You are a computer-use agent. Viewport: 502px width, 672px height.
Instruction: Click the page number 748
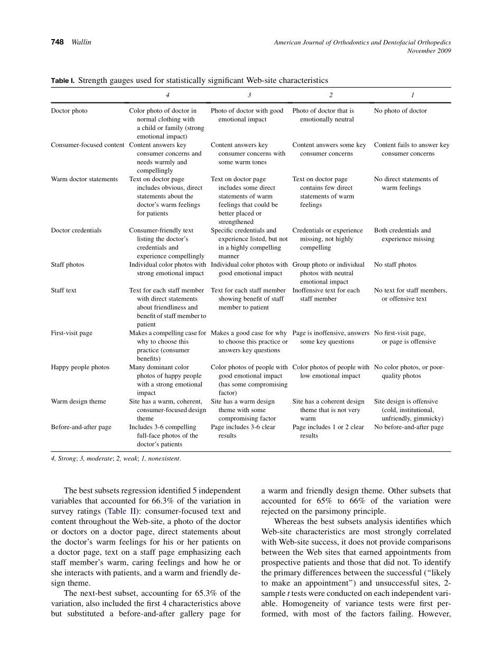(57, 42)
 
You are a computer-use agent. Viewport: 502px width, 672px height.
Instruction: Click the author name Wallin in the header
(81, 42)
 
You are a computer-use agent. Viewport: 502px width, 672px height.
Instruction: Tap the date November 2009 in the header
(429, 51)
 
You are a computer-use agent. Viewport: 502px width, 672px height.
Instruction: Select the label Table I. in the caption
(63, 81)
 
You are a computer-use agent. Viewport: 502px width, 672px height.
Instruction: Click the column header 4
(168, 95)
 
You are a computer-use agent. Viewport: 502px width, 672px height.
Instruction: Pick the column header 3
(249, 95)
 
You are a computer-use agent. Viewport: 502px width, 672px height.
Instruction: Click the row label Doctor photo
(69, 111)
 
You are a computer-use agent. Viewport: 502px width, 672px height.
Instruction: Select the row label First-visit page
(71, 333)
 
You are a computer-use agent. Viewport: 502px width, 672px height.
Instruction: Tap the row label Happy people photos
(80, 367)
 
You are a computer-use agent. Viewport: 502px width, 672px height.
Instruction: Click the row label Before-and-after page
(81, 427)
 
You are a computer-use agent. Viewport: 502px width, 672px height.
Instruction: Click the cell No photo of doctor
(400, 111)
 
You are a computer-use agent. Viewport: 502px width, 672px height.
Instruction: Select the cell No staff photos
(395, 265)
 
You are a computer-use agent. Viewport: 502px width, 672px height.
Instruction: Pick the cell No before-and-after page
(408, 427)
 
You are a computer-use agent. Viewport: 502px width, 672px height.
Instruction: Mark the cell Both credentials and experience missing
(404, 235)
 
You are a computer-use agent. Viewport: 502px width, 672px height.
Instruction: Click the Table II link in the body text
(122, 511)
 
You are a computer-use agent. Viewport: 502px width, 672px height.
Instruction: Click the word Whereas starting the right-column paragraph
(290, 521)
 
